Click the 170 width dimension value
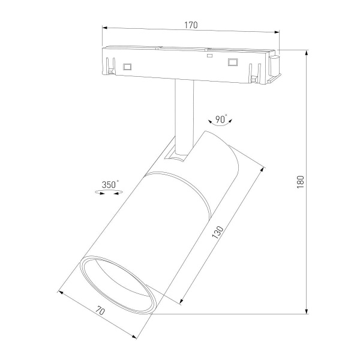click(191, 25)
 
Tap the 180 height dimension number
click(301, 181)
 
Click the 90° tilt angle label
click(221, 119)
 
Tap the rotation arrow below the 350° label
click(110, 193)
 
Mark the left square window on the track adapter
click(127, 66)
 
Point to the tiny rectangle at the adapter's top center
click(209, 55)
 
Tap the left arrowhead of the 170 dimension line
click(104, 27)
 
